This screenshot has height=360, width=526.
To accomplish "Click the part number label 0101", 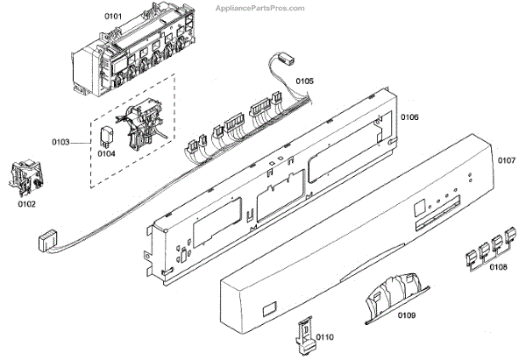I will click(x=89, y=14).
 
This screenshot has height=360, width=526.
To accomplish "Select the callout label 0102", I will click(x=27, y=205).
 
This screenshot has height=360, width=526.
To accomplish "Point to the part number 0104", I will click(x=106, y=153).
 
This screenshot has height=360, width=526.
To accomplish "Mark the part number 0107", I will click(x=507, y=160).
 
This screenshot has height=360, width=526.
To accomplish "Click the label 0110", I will click(x=325, y=336).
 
